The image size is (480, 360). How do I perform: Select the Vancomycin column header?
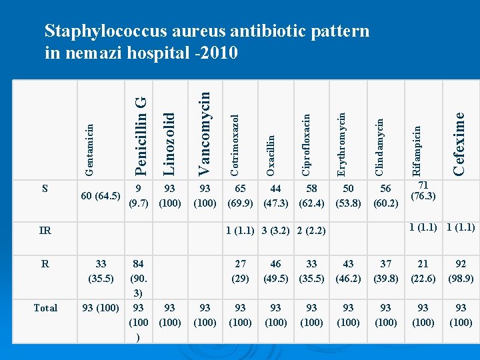[x=205, y=129]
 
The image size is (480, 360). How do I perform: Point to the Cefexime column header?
[x=459, y=143]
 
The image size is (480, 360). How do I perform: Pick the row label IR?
[x=45, y=231]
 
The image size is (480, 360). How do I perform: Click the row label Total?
[x=45, y=307]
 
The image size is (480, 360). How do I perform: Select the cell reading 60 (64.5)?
[x=100, y=196]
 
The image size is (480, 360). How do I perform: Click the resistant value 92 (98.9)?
[x=460, y=271]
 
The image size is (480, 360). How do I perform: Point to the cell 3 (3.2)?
[x=275, y=231]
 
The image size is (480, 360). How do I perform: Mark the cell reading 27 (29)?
[x=240, y=271]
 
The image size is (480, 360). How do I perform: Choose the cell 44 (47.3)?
[x=275, y=196]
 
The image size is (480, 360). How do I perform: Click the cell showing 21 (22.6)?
[x=423, y=271]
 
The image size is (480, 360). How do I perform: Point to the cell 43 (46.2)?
[x=348, y=271]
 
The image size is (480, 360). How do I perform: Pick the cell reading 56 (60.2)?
[x=385, y=196]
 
